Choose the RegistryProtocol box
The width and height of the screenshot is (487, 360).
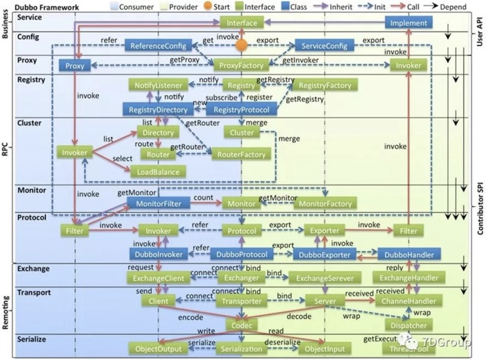(245, 110)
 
